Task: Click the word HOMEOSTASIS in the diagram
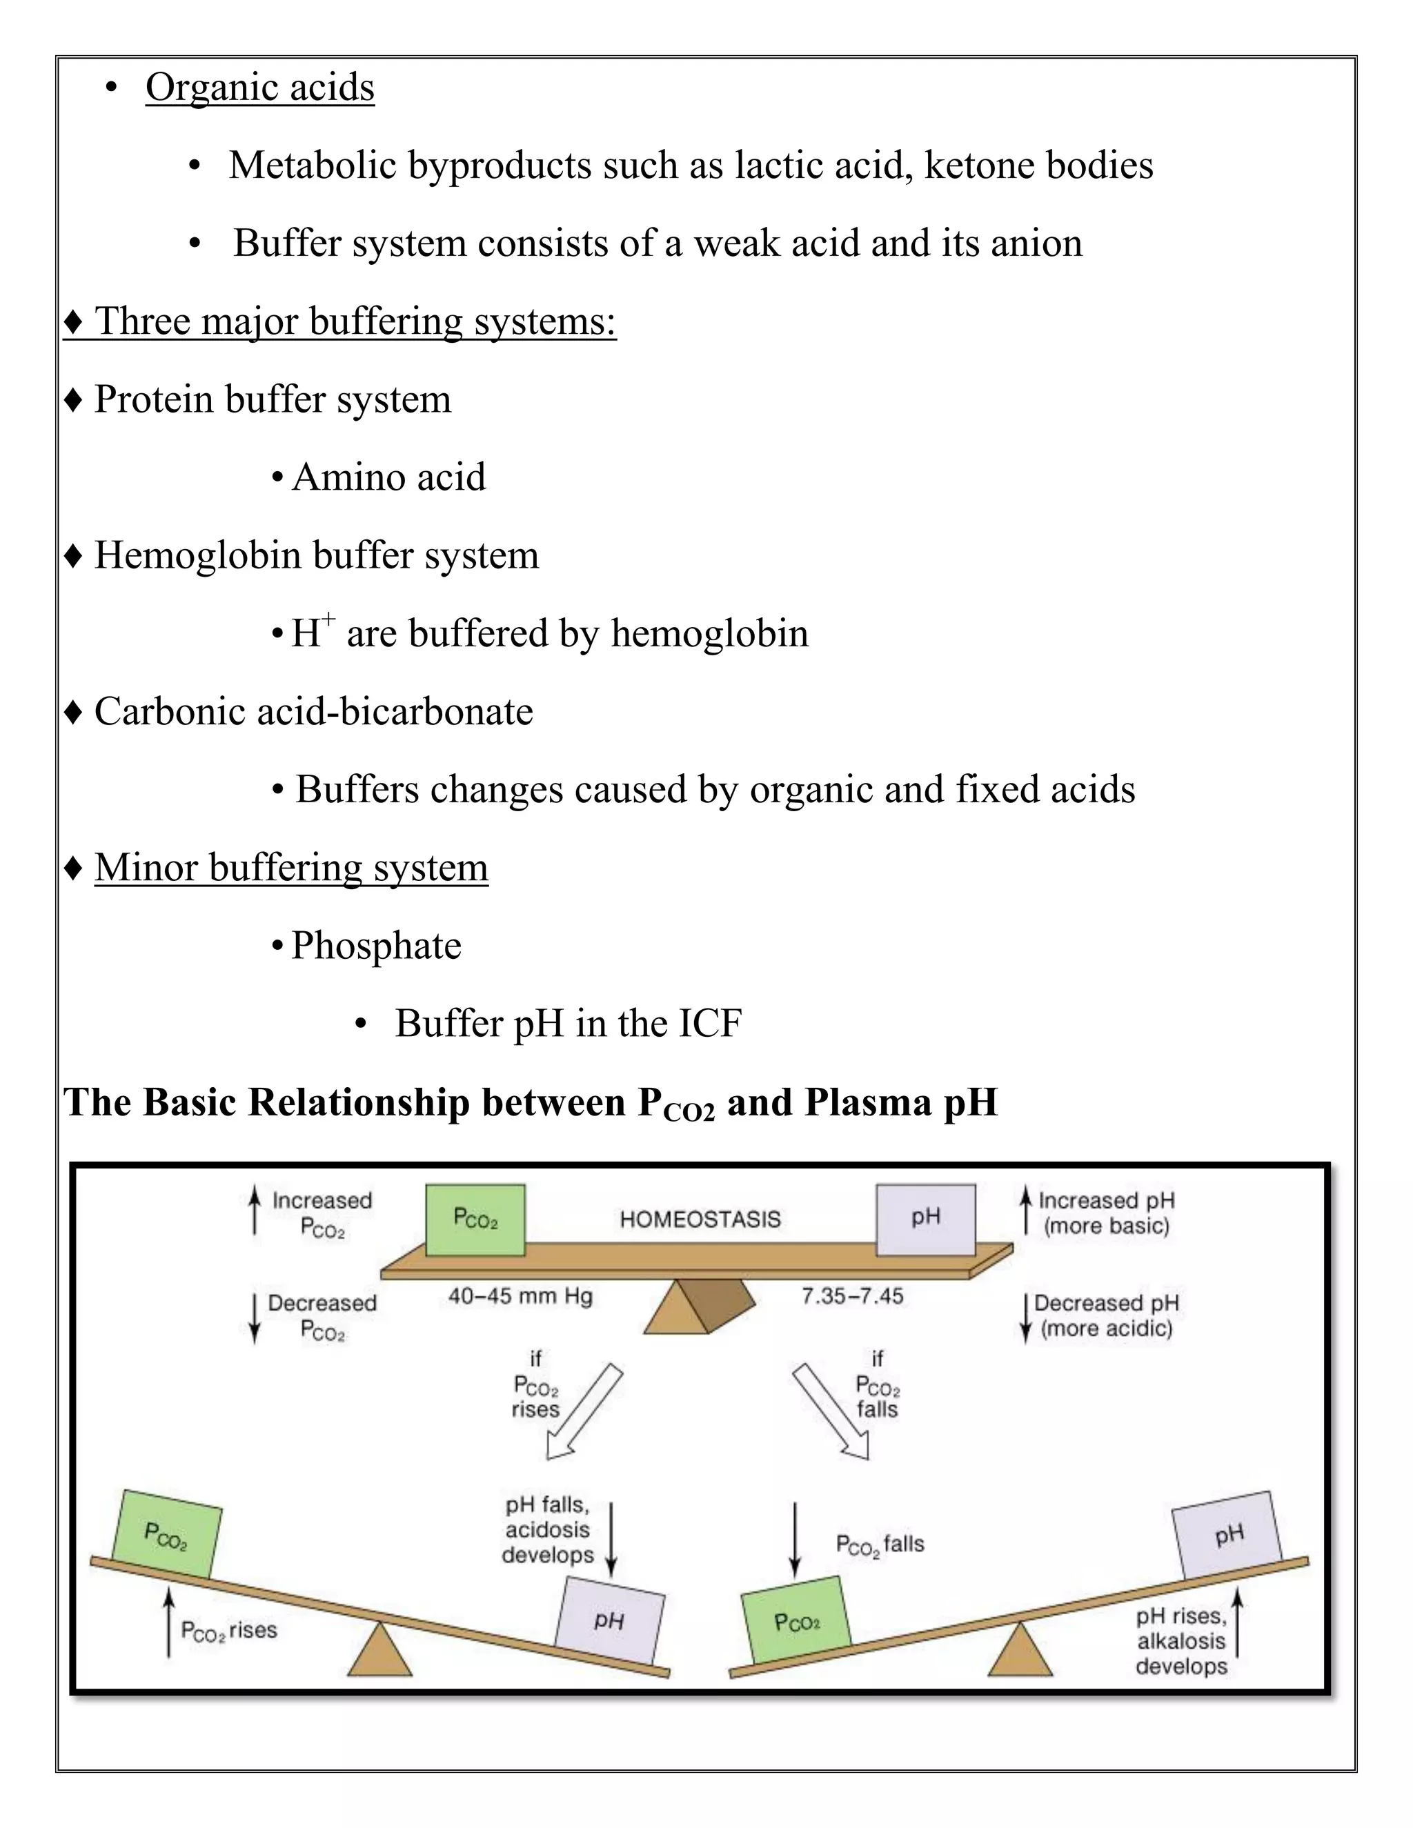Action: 700,1219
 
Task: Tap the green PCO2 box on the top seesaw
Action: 475,1220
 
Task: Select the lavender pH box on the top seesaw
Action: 926,1220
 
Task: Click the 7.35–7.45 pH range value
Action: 852,1297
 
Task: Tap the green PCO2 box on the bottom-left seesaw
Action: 168,1533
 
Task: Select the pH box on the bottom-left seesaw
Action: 610,1620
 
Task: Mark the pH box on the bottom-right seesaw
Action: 1227,1535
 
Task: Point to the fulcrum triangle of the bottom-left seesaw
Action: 380,1651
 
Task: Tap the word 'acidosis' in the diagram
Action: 547,1530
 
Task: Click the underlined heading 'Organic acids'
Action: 259,87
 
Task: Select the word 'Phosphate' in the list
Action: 376,946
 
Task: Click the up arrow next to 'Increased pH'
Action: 1025,1211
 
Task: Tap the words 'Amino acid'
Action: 388,478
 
